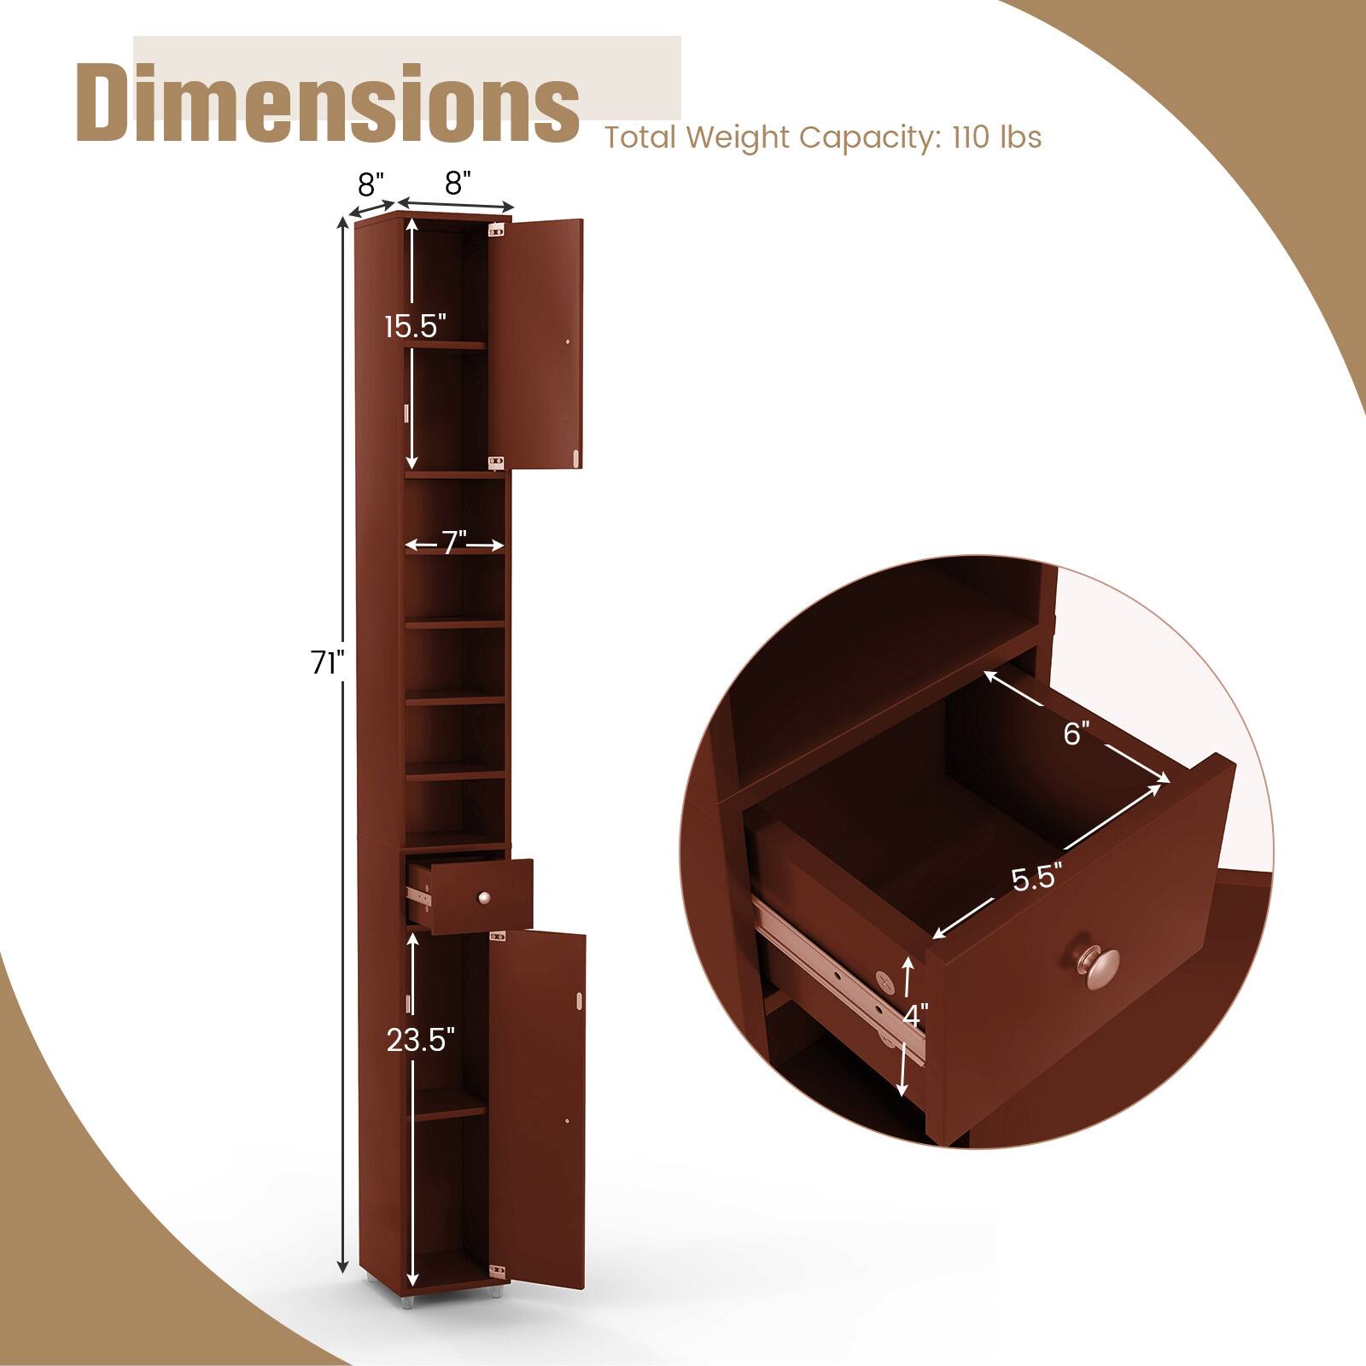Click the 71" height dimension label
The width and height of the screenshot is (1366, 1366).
tap(327, 663)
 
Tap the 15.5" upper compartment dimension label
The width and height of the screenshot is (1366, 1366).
tap(415, 326)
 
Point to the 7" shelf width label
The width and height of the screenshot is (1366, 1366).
tap(454, 543)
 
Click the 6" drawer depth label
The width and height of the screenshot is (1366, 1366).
tap(1077, 733)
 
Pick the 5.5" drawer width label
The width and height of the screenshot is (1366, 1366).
tap(1036, 878)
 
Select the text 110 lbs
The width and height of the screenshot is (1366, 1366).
tap(996, 137)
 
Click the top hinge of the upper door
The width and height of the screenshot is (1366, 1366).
tap(494, 229)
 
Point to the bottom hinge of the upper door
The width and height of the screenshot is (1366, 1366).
tap(494, 462)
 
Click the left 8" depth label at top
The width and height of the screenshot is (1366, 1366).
tap(371, 183)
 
